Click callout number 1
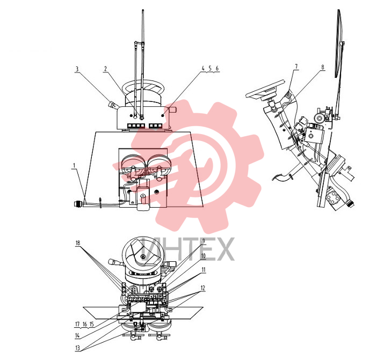(74, 165)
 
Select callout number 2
(105, 69)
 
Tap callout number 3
(77, 69)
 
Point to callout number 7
(297, 67)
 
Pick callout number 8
(322, 67)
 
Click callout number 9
(204, 241)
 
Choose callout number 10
(204, 256)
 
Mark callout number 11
(204, 270)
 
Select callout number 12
(203, 288)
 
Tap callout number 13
(77, 348)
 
